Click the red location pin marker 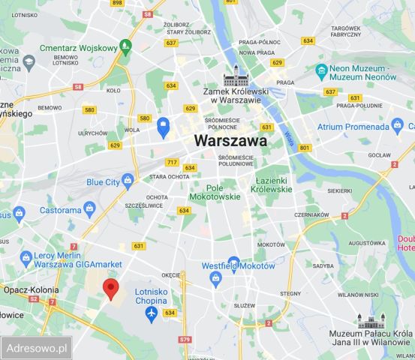pyautogui.click(x=111, y=288)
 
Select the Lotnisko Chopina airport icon pyautogui.click(x=152, y=311)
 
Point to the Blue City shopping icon pyautogui.click(x=128, y=181)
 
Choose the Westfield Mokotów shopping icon pyautogui.click(x=216, y=278)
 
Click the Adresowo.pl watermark pyautogui.click(x=37, y=348)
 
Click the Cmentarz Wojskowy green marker pyautogui.click(x=125, y=46)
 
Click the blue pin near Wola pyautogui.click(x=163, y=127)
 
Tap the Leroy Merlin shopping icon pyautogui.click(x=24, y=256)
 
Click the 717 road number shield pyautogui.click(x=172, y=162)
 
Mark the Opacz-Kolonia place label pyautogui.click(x=25, y=288)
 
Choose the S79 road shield pyautogui.click(x=185, y=339)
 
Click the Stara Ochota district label pyautogui.click(x=169, y=176)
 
